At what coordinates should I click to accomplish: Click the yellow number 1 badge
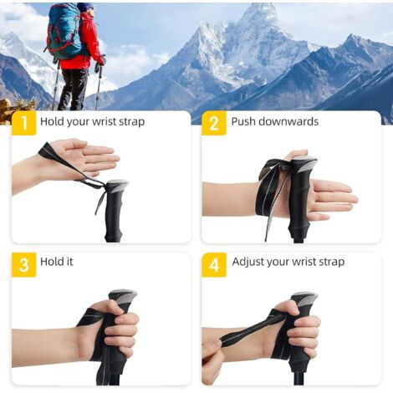pyautogui.click(x=24, y=123)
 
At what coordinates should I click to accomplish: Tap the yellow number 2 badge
pyautogui.click(x=214, y=123)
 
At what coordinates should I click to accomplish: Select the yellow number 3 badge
pyautogui.click(x=24, y=264)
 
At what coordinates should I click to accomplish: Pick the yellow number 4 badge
pyautogui.click(x=214, y=264)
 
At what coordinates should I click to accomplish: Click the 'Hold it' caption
pyautogui.click(x=57, y=262)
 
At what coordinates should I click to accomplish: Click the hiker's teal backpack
pyautogui.click(x=64, y=30)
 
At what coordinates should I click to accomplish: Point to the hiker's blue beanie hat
pyautogui.click(x=85, y=7)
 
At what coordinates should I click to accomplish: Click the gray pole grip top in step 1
pyautogui.click(x=118, y=185)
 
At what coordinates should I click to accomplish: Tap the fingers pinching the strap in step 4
pyautogui.click(x=212, y=349)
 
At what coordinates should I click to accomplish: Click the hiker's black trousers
pyautogui.click(x=72, y=89)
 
